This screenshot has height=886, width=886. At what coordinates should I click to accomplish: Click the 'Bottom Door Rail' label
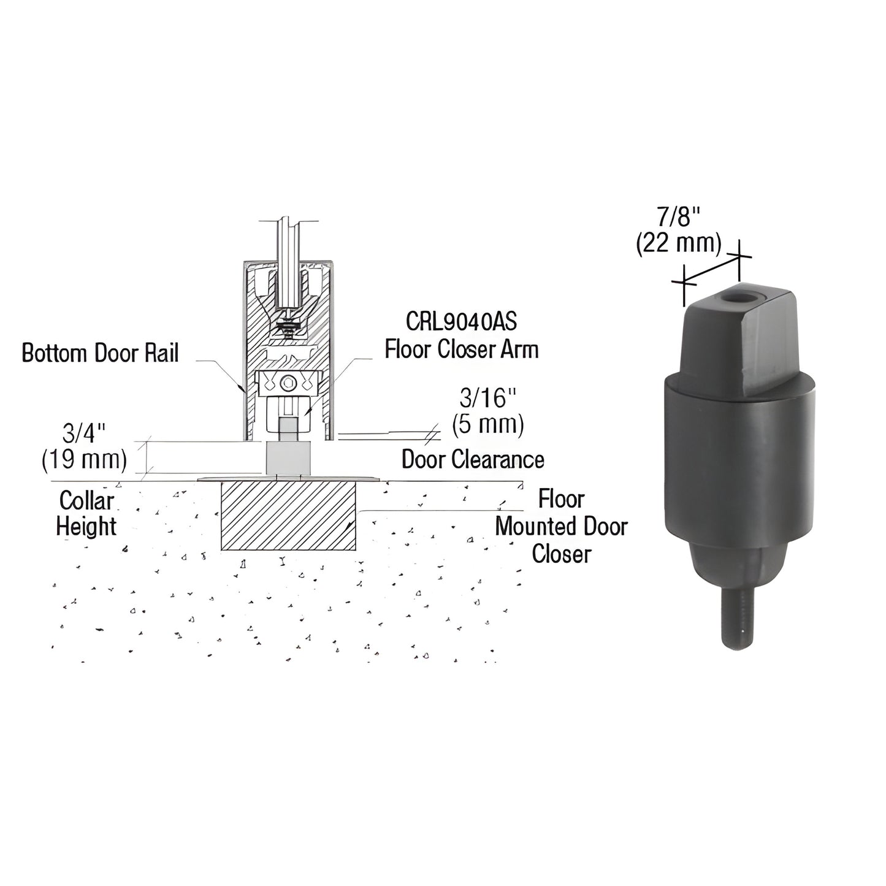pyautogui.click(x=100, y=353)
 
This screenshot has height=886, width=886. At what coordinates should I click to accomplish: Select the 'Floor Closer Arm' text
pyautogui.click(x=462, y=349)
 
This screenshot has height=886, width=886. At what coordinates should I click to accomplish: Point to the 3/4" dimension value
pyautogui.click(x=84, y=433)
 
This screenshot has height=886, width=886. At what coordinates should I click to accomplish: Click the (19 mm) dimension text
pyautogui.click(x=84, y=460)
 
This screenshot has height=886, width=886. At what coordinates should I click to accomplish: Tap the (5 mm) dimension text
pyautogui.click(x=488, y=424)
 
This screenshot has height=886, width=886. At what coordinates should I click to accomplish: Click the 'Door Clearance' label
pyautogui.click(x=473, y=459)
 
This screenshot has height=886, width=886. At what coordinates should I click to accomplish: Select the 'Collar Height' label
pyautogui.click(x=86, y=513)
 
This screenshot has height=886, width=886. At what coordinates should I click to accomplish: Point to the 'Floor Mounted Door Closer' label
pyautogui.click(x=561, y=526)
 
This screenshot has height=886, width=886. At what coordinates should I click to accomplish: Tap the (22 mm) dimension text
pyautogui.click(x=678, y=244)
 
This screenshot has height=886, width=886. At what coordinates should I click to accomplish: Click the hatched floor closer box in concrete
pyautogui.click(x=289, y=514)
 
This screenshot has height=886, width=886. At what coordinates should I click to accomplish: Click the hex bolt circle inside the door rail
pyautogui.click(x=288, y=384)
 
